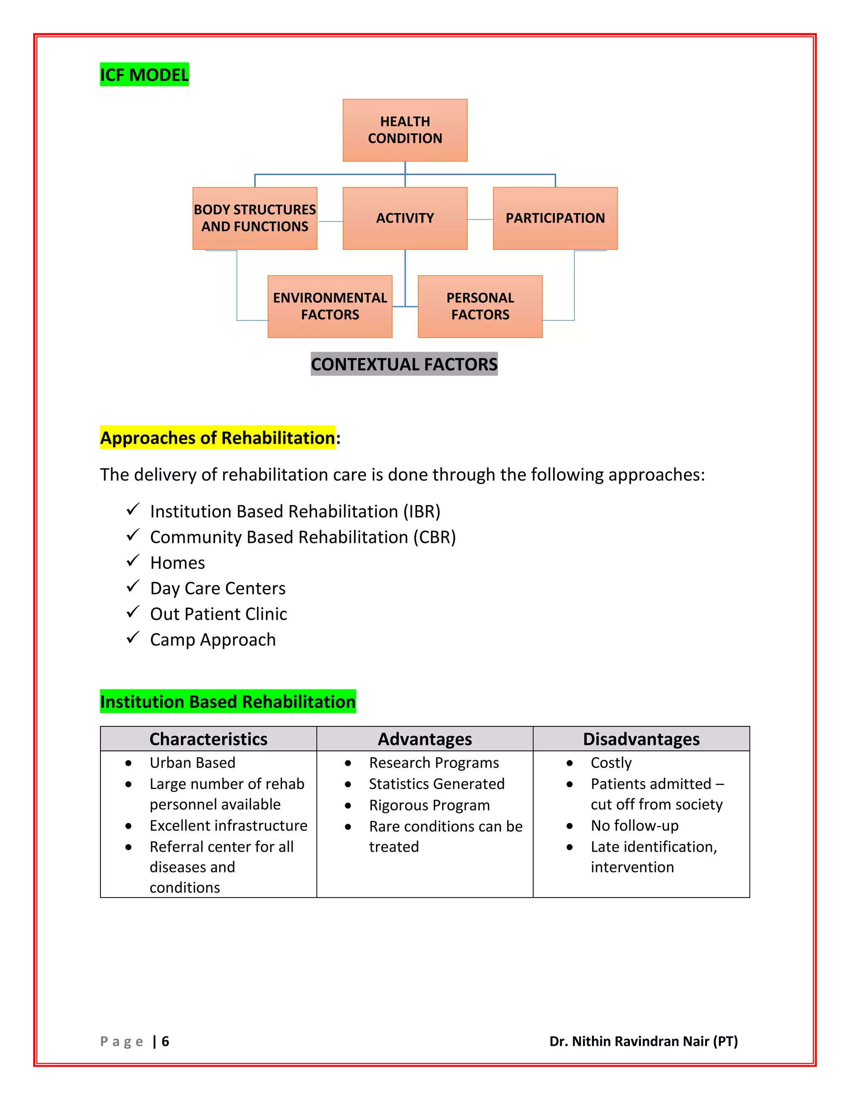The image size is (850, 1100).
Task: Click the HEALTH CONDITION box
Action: click(x=405, y=130)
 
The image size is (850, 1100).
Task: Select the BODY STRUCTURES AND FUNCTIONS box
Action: click(x=255, y=218)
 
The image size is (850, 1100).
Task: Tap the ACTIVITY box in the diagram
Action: click(x=405, y=218)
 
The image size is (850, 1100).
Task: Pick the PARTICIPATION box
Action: click(x=555, y=218)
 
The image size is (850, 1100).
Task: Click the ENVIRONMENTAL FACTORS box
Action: click(x=330, y=306)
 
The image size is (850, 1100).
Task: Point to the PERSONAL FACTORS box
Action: click(x=480, y=306)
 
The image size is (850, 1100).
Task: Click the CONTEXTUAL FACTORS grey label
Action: click(x=404, y=364)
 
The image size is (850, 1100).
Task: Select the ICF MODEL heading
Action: click(x=144, y=75)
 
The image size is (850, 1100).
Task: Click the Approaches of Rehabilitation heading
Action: click(x=217, y=438)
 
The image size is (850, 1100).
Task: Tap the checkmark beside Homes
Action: click(x=132, y=560)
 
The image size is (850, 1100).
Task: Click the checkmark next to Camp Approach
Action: click(x=132, y=638)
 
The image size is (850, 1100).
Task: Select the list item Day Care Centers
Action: click(x=217, y=588)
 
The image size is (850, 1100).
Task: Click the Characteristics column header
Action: click(x=208, y=739)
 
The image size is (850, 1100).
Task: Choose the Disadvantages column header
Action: click(x=641, y=739)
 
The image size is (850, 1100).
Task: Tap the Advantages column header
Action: click(x=425, y=739)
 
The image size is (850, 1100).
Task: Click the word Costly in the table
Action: click(x=611, y=763)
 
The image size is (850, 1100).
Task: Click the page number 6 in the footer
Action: click(x=165, y=1041)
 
